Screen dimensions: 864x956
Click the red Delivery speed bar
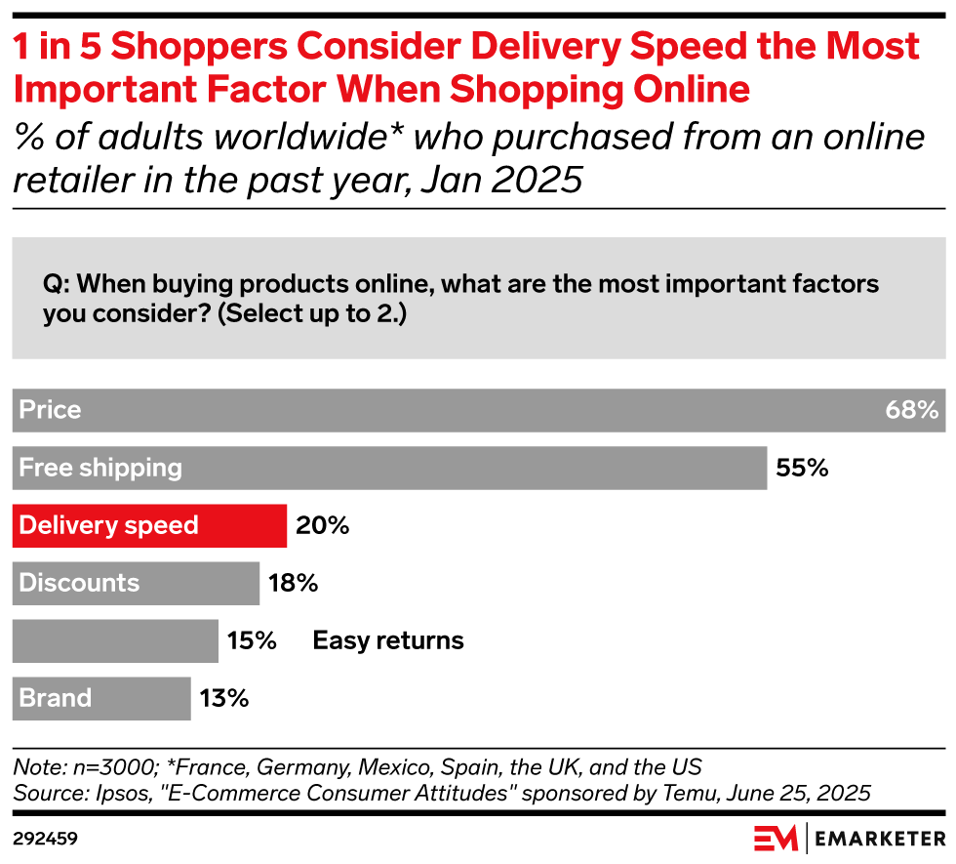[149, 525]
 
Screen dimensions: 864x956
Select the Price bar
[478, 410]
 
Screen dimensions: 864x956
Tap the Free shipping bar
[389, 468]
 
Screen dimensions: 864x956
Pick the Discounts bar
[136, 583]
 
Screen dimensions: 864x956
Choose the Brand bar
[101, 698]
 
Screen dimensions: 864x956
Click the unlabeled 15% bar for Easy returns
[115, 640]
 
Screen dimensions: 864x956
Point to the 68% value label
[911, 410]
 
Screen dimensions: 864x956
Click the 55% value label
[802, 468]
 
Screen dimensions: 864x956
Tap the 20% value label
[322, 525]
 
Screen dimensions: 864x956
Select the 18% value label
[293, 583]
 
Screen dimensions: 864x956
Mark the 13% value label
[224, 698]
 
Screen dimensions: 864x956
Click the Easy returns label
[388, 640]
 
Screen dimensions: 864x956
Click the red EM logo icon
[776, 839]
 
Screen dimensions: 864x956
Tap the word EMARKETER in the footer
[879, 839]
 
